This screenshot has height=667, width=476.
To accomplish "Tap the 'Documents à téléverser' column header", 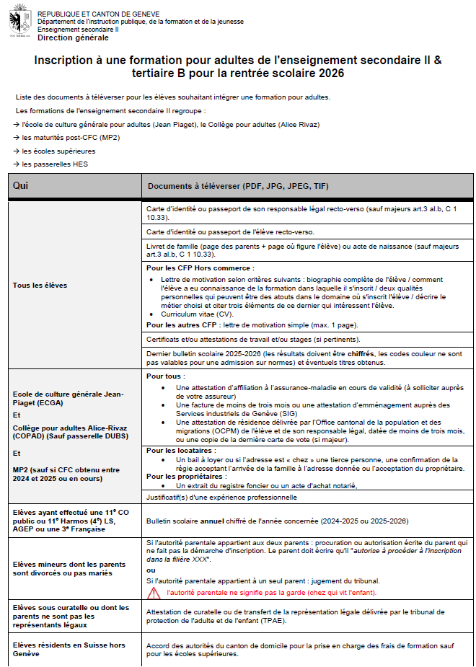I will click(x=238, y=186).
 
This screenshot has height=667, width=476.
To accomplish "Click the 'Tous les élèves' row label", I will click(x=40, y=286).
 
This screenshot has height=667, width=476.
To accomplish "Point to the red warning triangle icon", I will click(x=154, y=593).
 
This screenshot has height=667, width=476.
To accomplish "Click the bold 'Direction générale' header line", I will click(x=74, y=37).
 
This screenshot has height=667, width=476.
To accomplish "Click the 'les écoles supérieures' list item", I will click(x=58, y=151).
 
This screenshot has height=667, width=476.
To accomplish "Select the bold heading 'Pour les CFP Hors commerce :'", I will click(x=200, y=268).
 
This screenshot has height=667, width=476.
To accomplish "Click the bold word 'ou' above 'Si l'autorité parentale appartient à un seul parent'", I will click(x=150, y=570).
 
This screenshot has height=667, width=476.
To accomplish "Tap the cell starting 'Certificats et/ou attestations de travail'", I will click(x=252, y=339).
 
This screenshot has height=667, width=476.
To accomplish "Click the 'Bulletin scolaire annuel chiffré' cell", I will click(x=277, y=521).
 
